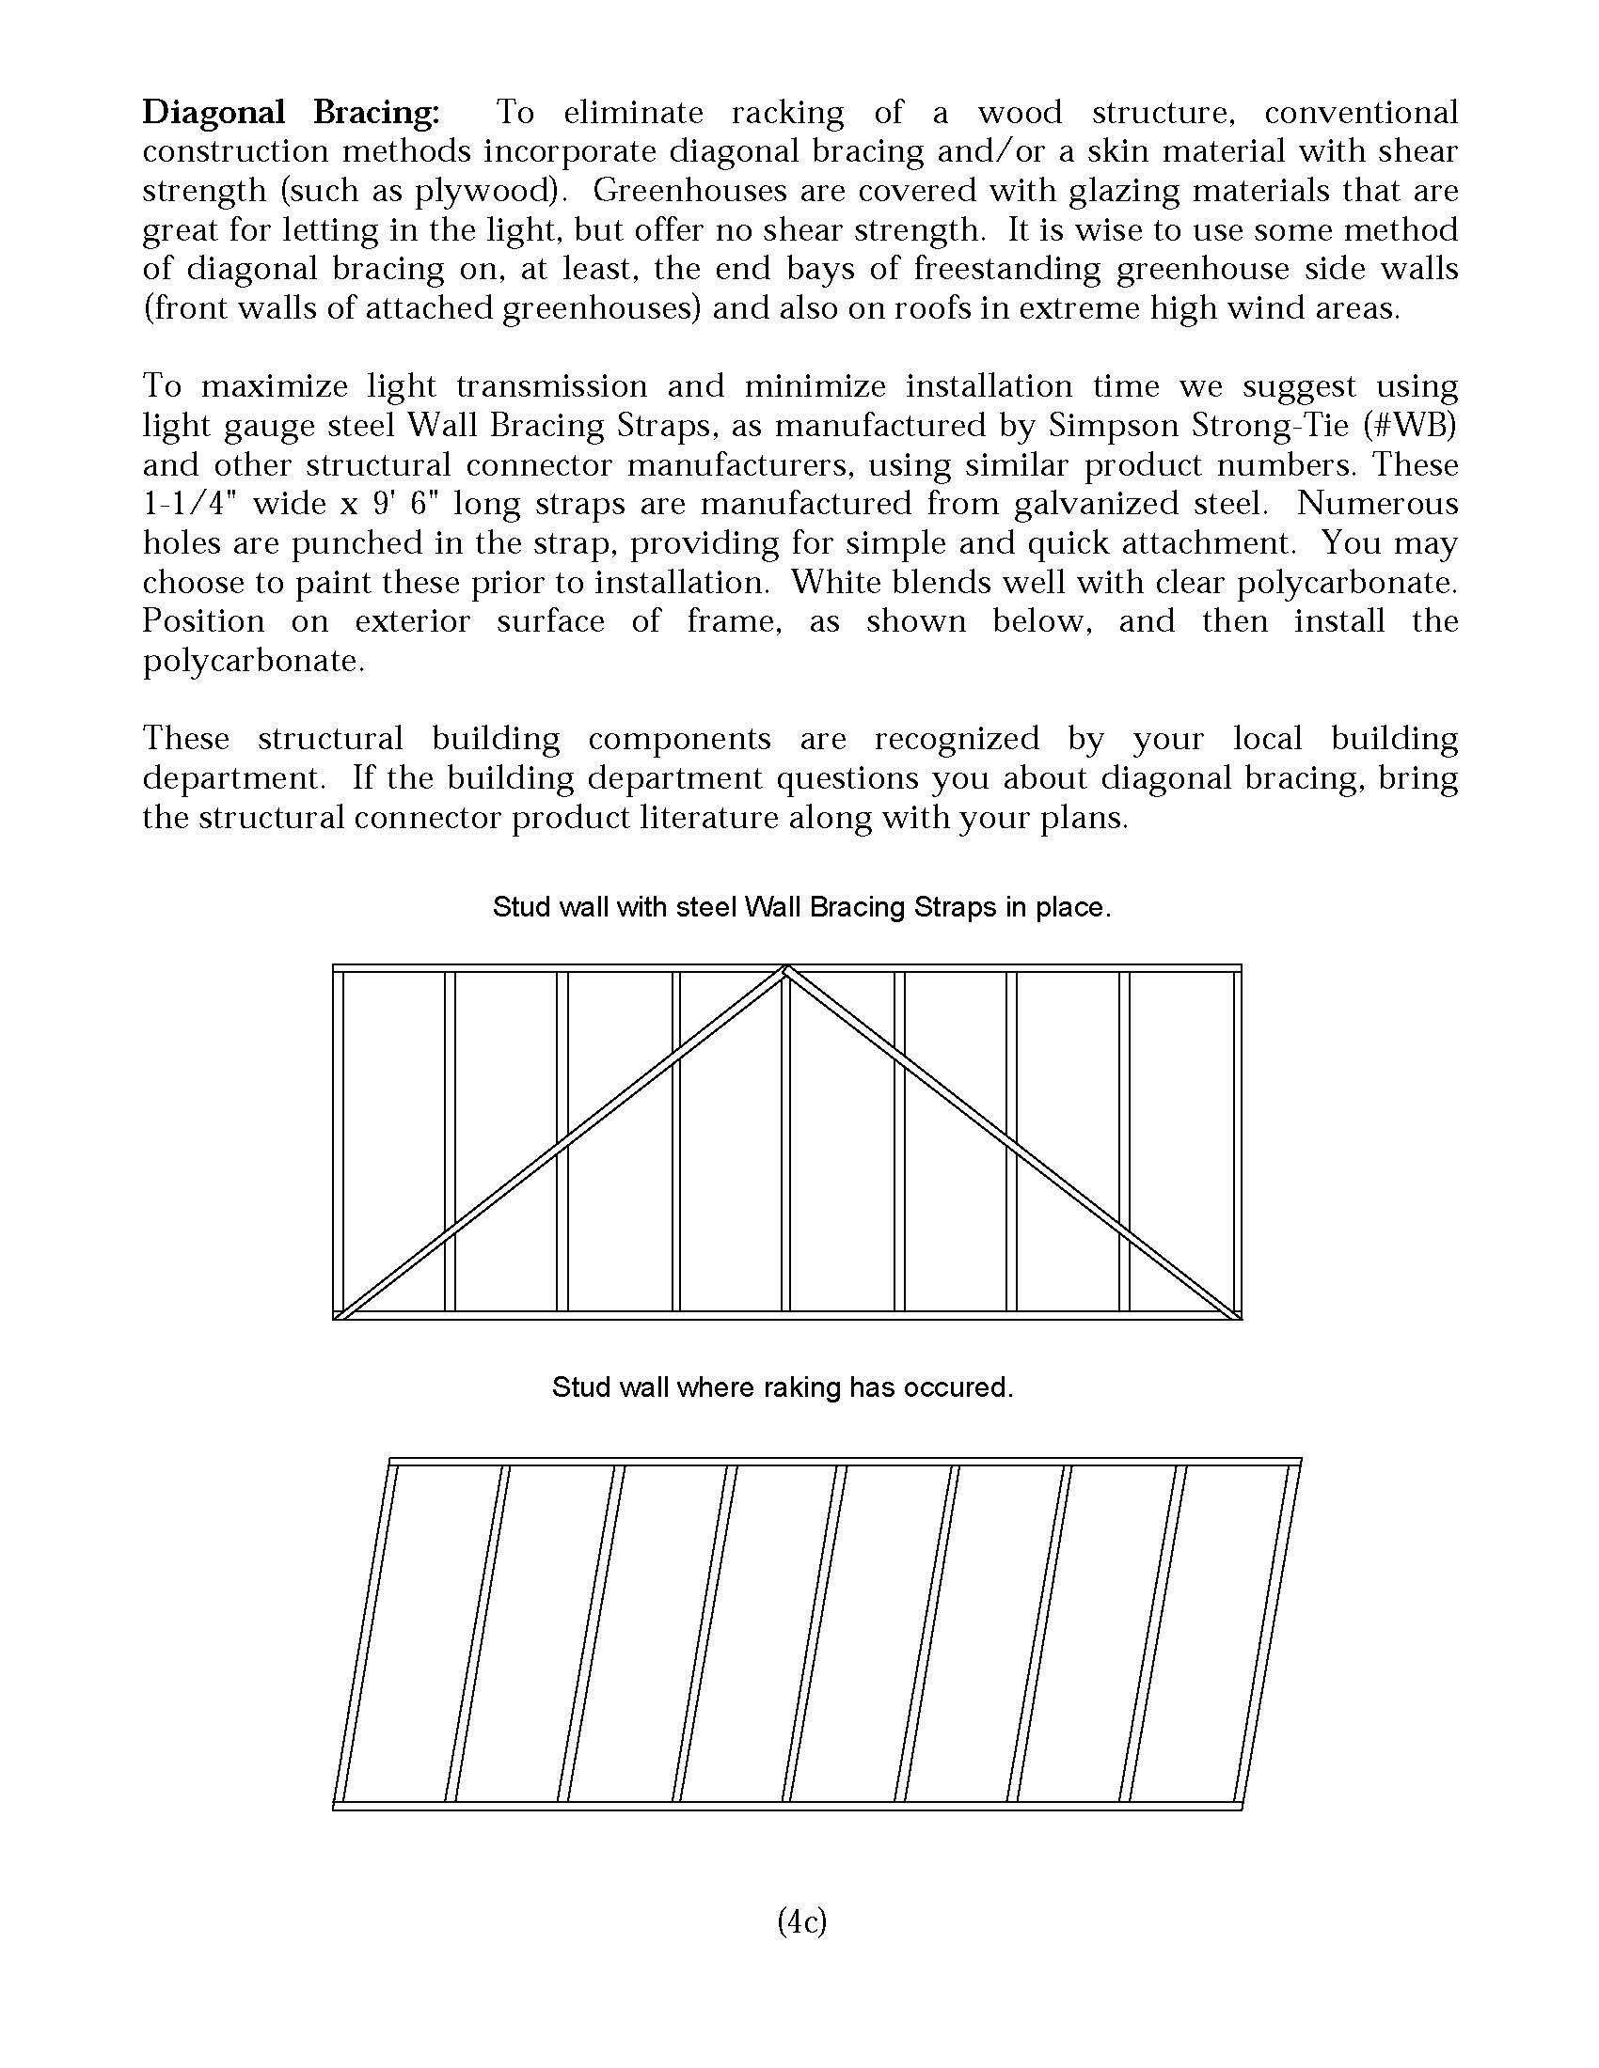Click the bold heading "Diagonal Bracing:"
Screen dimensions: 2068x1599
click(x=291, y=113)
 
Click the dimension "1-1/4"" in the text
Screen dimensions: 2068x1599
click(x=186, y=504)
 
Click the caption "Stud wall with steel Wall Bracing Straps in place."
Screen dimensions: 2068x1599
click(x=801, y=907)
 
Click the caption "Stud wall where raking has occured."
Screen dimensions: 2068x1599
click(x=783, y=1387)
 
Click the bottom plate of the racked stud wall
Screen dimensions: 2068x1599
click(x=786, y=1806)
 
